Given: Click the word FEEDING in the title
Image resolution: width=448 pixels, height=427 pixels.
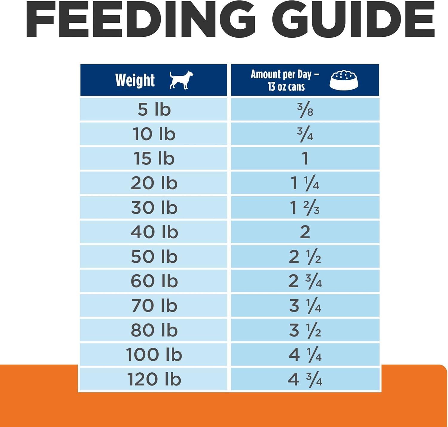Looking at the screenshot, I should pyautogui.click(x=141, y=19).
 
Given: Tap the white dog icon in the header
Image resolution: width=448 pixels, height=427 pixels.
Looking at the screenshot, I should pyautogui.click(x=181, y=80).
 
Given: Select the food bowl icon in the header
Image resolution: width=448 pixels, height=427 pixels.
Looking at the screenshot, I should pyautogui.click(x=344, y=80).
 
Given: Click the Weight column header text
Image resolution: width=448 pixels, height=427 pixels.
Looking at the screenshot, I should pyautogui.click(x=135, y=80).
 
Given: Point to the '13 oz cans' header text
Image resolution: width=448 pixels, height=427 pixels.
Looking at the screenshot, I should pyautogui.click(x=286, y=87).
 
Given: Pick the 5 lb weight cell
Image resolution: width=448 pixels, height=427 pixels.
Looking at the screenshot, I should pyautogui.click(x=154, y=109).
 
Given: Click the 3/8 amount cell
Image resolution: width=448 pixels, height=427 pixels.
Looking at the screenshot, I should pyautogui.click(x=305, y=109).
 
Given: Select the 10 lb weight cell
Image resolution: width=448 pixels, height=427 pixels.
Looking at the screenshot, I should pyautogui.click(x=154, y=134).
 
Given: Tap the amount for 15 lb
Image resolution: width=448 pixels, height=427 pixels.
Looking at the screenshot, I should pyautogui.click(x=305, y=158).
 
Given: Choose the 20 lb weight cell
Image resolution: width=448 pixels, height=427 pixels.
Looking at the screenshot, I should pyautogui.click(x=154, y=183).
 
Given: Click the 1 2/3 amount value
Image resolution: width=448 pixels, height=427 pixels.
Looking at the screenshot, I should pyautogui.click(x=305, y=208).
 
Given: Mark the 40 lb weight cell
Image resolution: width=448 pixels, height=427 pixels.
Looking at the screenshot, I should pyautogui.click(x=154, y=232).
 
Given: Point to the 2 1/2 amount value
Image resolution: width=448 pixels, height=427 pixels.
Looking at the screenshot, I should pyautogui.click(x=305, y=256).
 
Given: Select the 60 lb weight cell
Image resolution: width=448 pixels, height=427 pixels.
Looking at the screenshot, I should pyautogui.click(x=154, y=281).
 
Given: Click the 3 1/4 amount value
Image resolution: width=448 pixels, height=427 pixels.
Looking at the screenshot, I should pyautogui.click(x=305, y=306).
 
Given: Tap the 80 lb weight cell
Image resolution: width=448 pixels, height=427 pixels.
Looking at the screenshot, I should pyautogui.click(x=154, y=330).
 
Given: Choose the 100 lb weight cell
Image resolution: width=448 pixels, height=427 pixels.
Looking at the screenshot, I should pyautogui.click(x=154, y=355).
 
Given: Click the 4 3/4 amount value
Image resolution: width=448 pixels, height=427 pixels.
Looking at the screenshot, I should pyautogui.click(x=305, y=379).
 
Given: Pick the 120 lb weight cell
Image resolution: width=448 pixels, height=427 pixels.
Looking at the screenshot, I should pyautogui.click(x=154, y=379).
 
